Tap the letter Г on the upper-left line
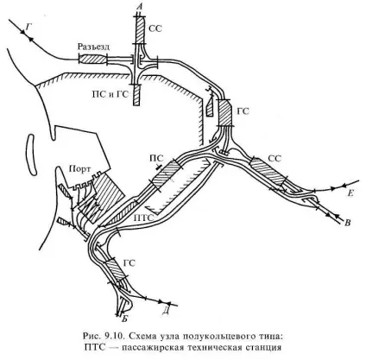coord(28,27)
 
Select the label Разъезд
coord(94,47)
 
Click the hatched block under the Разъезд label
coord(92,60)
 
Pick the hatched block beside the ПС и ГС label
coord(136,95)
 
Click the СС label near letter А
coord(155,28)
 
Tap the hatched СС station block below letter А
coord(140,30)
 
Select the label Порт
coord(80,169)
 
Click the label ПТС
coord(144,218)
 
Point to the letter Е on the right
coord(350,193)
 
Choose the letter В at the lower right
coord(348,223)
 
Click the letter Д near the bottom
coord(165,312)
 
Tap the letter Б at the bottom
coord(125,319)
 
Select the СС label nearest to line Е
coord(274,158)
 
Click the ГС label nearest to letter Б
coord(129,263)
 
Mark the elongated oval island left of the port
coord(31,155)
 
